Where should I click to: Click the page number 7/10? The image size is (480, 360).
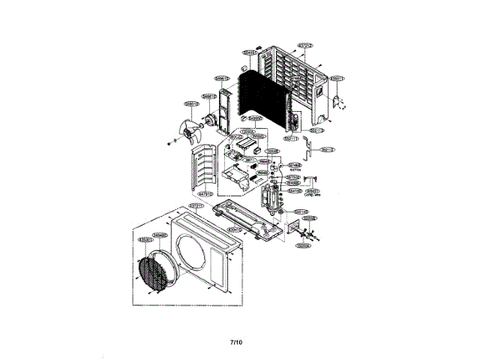point(236,342)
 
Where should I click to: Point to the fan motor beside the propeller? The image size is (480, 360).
point(210,118)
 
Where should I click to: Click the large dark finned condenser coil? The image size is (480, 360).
point(262,97)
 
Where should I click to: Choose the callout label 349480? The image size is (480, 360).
point(160,235)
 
